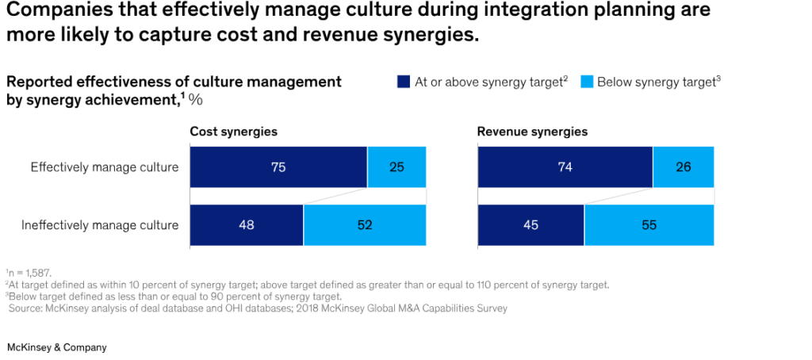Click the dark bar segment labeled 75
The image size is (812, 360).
278,167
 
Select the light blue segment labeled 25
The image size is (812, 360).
396,167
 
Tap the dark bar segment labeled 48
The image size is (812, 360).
247,225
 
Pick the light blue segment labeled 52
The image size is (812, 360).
365,225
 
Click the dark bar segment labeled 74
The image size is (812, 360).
565,167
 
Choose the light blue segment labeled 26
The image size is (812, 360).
683,167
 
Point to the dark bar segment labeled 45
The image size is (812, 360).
530,225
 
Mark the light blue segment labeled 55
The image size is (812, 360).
649,225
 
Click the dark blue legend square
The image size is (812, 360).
402,82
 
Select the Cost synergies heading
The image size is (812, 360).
233,132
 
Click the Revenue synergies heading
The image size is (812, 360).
532,132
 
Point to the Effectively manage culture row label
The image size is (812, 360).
105,167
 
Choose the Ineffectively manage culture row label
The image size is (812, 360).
99,225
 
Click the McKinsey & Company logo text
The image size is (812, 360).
56,347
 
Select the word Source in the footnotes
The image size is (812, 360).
27,308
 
